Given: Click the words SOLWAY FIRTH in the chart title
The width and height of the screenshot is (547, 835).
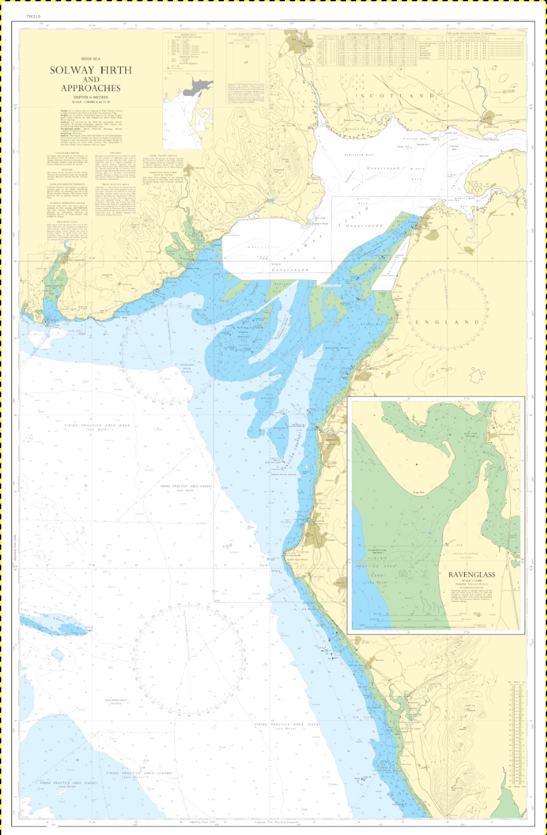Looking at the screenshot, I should pos(91,70).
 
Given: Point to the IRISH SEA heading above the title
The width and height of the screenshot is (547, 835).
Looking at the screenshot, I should pos(91,58).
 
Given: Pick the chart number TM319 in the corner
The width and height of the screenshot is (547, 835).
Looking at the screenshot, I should pos(34,16).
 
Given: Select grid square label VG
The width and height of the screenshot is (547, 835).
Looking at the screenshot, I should pos(246,47).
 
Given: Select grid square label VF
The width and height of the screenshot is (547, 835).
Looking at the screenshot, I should pos(246,62).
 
